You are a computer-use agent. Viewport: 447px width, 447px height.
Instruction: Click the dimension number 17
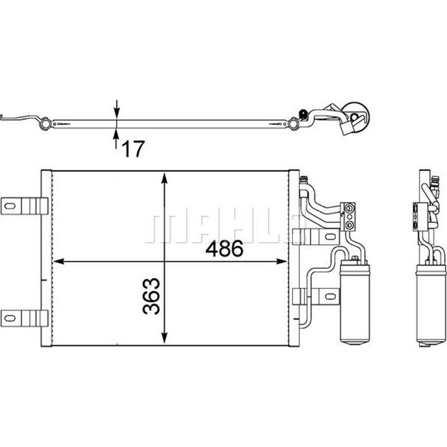(x=133, y=148)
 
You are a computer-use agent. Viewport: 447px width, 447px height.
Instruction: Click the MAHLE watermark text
(x=223, y=227)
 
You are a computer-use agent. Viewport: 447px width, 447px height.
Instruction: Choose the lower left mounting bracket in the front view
(x=22, y=317)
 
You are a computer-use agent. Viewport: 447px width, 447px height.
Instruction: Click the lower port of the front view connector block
(x=350, y=223)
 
